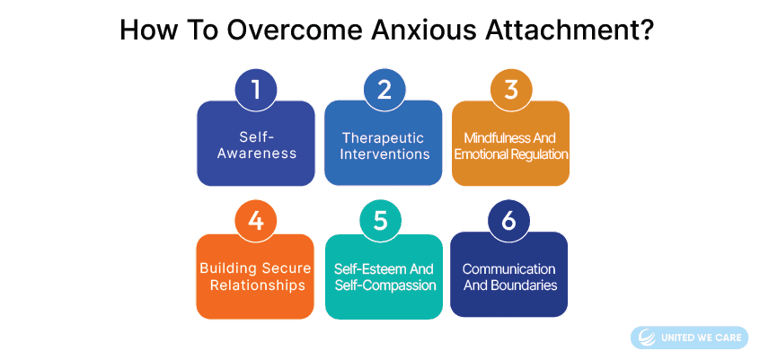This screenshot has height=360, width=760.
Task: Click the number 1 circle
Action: point(256,90)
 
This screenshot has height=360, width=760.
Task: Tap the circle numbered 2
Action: point(384,90)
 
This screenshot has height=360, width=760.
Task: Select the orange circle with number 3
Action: point(511,90)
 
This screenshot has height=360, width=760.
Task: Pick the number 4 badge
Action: point(255,221)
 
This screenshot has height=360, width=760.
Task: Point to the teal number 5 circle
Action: point(381,221)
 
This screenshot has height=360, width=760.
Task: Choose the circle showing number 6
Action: point(508,221)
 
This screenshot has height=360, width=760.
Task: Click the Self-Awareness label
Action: point(256,145)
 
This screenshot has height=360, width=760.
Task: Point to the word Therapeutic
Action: point(383,137)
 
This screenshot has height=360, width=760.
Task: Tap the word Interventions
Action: point(384,154)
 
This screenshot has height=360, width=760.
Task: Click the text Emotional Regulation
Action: point(511,154)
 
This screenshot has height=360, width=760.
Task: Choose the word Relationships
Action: point(255,285)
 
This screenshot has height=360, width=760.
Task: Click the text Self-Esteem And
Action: point(384,268)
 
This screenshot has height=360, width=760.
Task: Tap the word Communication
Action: point(509,268)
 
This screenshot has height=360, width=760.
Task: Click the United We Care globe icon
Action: point(647,338)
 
